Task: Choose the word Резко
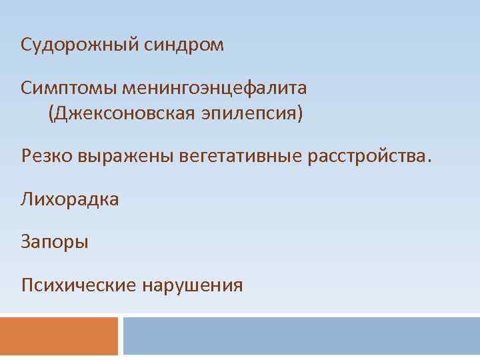[x=47, y=157]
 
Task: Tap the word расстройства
[x=366, y=157]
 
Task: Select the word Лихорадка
[x=70, y=199]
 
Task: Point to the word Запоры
[x=55, y=241]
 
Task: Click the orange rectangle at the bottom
[x=59, y=336]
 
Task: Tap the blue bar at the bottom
[x=301, y=336]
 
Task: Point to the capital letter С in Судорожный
[x=27, y=45]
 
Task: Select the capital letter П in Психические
[x=27, y=285]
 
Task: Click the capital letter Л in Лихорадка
[x=27, y=199]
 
